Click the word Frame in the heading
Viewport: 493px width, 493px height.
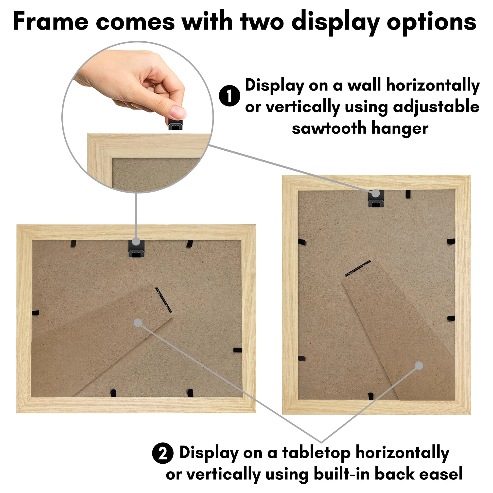pos(51,22)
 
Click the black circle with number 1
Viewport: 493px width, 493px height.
pos(229,96)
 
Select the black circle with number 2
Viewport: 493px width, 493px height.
pos(162,453)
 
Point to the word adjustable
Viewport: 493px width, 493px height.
pos(436,107)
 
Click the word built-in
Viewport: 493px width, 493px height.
pos(342,474)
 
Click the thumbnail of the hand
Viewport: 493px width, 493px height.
pos(178,111)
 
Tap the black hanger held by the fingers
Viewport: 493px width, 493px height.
pos(175,124)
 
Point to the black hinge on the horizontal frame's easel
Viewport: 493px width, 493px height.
pos(164,299)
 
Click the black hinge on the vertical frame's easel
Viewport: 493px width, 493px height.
pos(358,268)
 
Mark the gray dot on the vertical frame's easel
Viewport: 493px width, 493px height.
pos(419,366)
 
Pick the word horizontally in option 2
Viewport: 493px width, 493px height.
pos(403,453)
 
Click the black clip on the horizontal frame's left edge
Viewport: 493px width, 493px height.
pos(35,313)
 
